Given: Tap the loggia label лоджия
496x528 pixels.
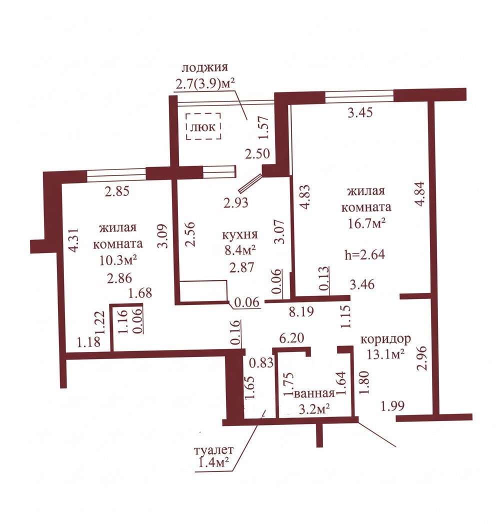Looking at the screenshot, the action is [204, 67].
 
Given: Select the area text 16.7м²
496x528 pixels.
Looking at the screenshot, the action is [366, 223].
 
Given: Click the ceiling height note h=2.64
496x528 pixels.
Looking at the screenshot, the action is [365, 254].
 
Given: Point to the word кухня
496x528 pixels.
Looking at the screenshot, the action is [240, 234].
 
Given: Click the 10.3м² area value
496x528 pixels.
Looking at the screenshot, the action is [118, 259].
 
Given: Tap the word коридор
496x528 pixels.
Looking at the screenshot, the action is [385, 338].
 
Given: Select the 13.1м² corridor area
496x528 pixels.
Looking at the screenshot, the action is [385, 354].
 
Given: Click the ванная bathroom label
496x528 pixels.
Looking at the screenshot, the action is [314, 393].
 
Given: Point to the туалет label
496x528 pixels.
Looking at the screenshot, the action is [213, 450].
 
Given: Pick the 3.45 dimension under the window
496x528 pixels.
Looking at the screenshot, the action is [360, 112].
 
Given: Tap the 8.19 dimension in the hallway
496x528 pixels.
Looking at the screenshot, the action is [301, 311].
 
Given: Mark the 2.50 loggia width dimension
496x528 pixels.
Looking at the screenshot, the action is [257, 154].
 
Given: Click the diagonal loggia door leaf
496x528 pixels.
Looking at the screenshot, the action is [250, 182].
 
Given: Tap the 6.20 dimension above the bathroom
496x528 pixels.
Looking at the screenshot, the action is [292, 337].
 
